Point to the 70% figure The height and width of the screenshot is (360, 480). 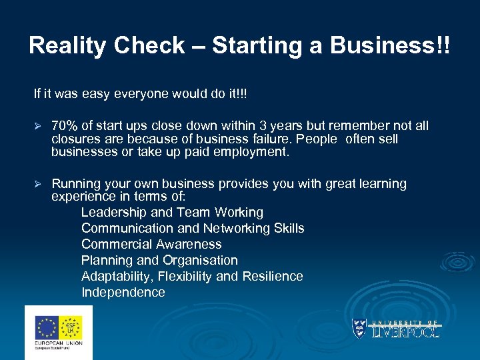(x=65, y=126)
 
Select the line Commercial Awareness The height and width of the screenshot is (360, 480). (x=151, y=245)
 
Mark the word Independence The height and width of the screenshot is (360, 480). (x=123, y=293)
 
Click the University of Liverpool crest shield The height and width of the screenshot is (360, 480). (x=359, y=328)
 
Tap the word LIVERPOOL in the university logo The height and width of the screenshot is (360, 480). (x=405, y=331)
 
